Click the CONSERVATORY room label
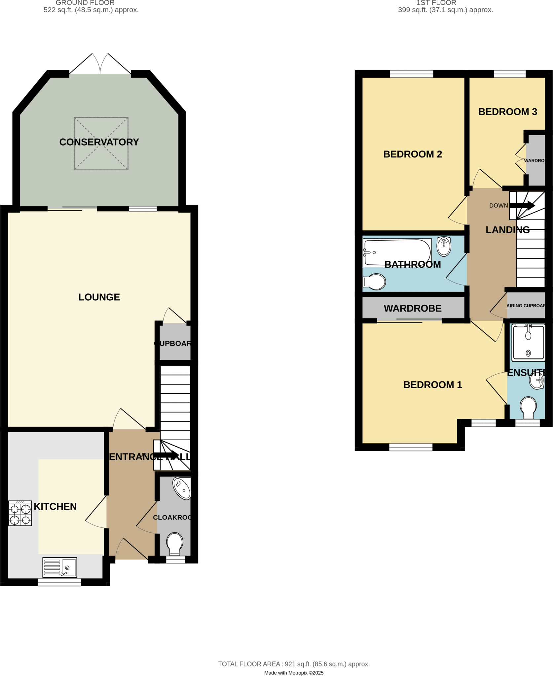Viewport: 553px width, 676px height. pyautogui.click(x=99, y=142)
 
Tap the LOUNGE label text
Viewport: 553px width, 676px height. pyautogui.click(x=99, y=297)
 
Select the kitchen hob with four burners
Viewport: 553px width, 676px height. pyautogui.click(x=20, y=513)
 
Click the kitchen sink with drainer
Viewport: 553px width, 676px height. pyautogui.click(x=60, y=567)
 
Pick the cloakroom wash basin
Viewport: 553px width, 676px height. pyautogui.click(x=182, y=488)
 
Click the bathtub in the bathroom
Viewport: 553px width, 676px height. pyautogui.click(x=397, y=253)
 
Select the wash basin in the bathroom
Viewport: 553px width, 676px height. pyautogui.click(x=444, y=246)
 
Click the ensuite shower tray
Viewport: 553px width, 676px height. pyautogui.click(x=528, y=343)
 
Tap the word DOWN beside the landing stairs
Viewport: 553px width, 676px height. pyautogui.click(x=498, y=206)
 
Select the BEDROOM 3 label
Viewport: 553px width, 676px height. pyautogui.click(x=507, y=112)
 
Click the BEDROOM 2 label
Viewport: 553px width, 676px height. pyautogui.click(x=412, y=154)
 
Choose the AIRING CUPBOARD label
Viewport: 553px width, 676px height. pyautogui.click(x=526, y=306)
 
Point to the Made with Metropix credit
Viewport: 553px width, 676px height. pyautogui.click(x=294, y=673)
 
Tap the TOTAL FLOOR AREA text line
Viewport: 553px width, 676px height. pyautogui.click(x=294, y=664)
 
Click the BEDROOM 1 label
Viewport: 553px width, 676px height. pyautogui.click(x=432, y=385)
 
